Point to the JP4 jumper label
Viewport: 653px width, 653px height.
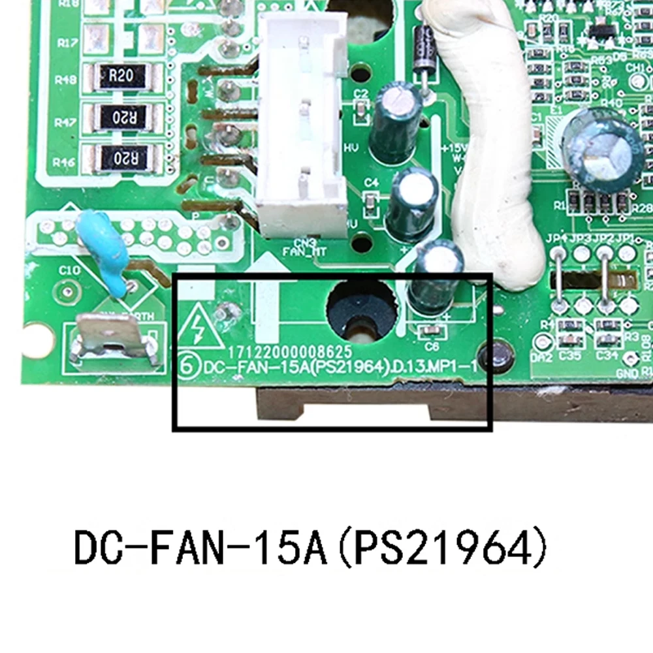coord(556,238)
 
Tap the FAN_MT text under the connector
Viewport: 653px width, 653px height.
coord(300,250)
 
